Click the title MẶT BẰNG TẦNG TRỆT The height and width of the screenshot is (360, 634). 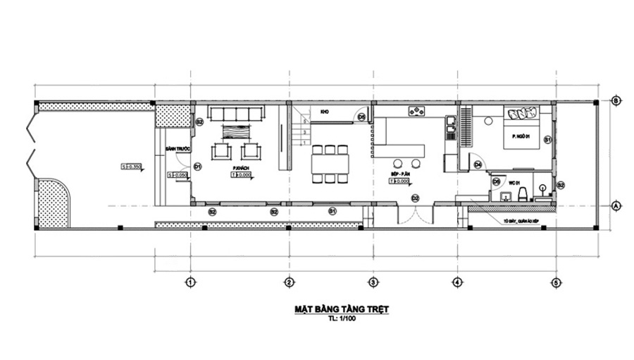342,309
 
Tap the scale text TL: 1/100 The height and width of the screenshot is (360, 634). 342,319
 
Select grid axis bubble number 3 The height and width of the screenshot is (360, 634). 373,282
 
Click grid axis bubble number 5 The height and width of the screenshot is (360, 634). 556,282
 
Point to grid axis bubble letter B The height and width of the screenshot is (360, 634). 616,101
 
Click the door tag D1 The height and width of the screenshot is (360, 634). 198,167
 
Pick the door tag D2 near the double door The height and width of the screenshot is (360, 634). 416,197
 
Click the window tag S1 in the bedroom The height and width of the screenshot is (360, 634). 547,141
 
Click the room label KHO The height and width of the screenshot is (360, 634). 325,112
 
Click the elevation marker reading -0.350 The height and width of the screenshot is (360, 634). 132,167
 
